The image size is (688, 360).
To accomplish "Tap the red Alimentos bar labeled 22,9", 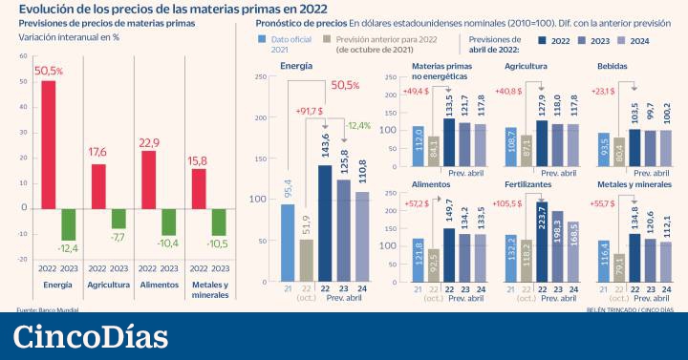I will [x=148, y=179].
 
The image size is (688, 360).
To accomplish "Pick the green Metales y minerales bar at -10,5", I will [x=218, y=222].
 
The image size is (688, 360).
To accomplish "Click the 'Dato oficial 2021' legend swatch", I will [x=263, y=39].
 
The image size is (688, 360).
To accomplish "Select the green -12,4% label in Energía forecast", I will [x=357, y=125].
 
